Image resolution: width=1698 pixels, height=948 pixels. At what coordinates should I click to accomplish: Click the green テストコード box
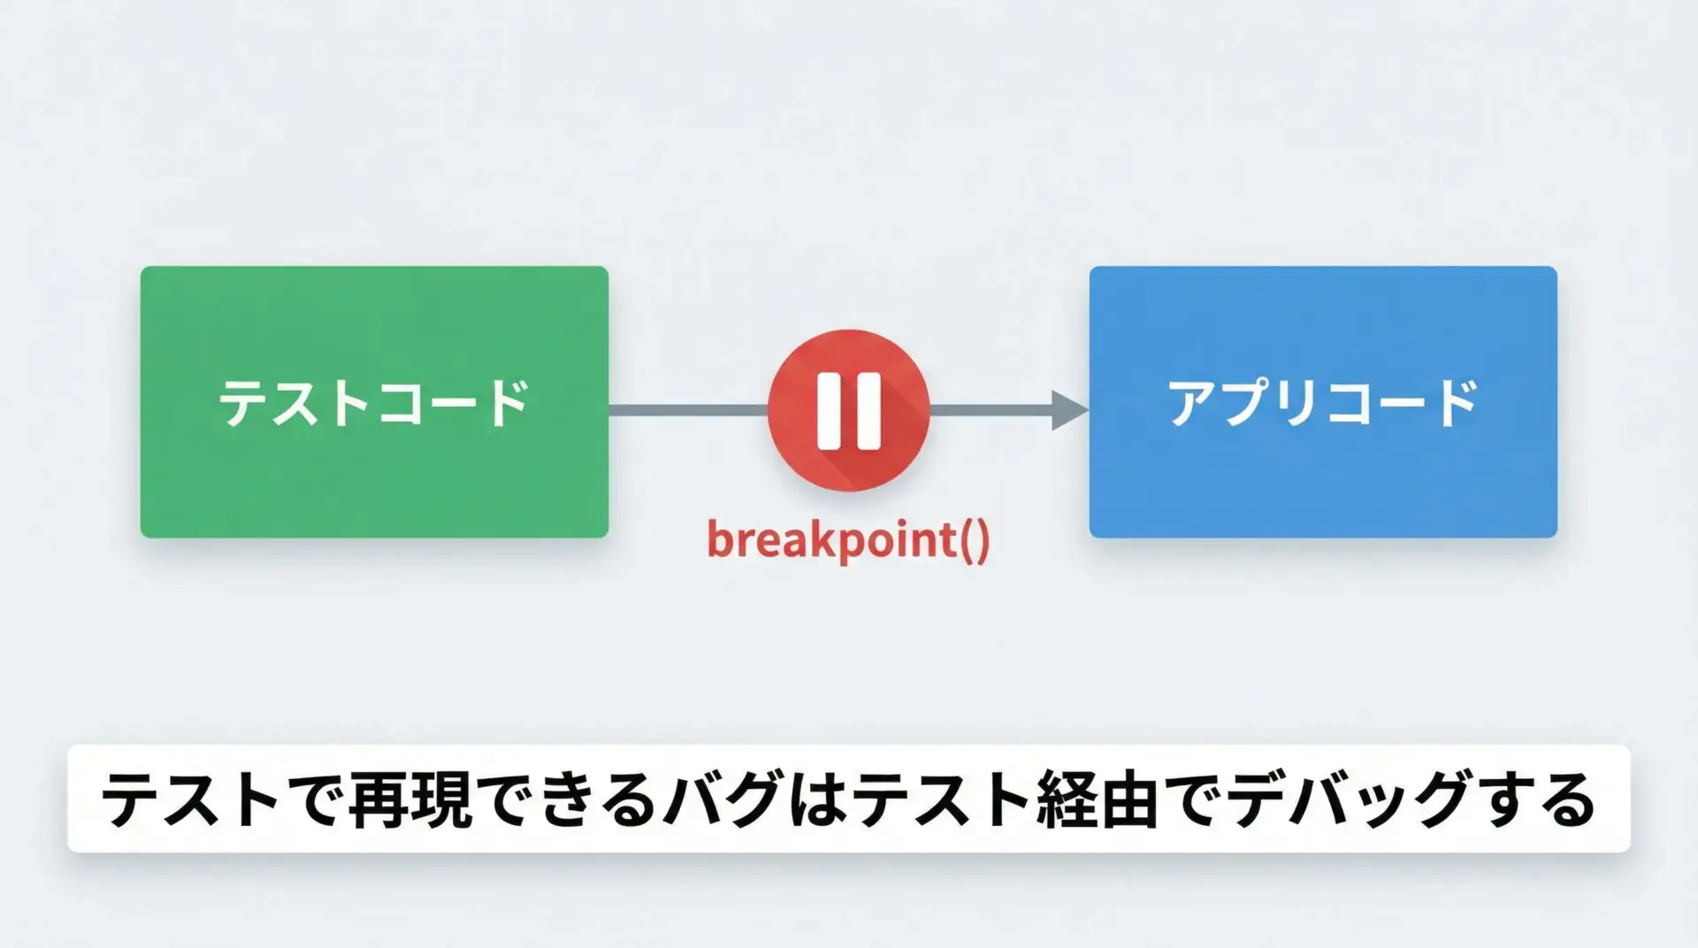[374, 401]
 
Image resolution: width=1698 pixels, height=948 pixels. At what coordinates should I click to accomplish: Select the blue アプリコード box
[1323, 401]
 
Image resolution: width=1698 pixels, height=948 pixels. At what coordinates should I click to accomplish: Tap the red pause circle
[848, 410]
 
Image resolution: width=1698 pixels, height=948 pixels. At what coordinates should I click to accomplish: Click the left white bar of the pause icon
[830, 411]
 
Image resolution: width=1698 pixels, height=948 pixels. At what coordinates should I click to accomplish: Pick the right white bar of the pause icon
[868, 411]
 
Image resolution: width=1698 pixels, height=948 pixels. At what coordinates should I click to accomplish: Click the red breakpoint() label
[848, 539]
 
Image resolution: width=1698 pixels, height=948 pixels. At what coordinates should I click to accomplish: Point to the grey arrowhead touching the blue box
[1070, 410]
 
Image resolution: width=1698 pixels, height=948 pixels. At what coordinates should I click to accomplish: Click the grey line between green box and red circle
[689, 410]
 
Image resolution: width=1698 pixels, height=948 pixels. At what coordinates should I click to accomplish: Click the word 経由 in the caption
[1098, 799]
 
